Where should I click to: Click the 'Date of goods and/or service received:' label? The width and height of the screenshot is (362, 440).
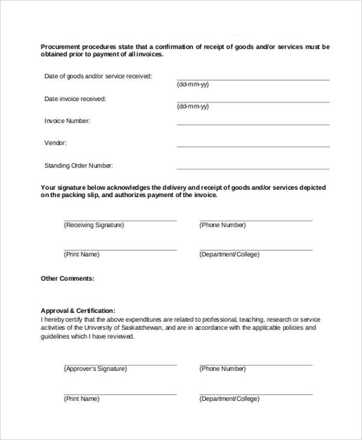pyautogui.click(x=98, y=77)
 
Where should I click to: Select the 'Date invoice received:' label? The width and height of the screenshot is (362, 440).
pyautogui.click(x=75, y=99)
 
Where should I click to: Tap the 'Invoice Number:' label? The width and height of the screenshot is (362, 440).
pyautogui.click(x=67, y=121)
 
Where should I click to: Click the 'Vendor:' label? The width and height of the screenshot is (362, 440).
pyautogui.click(x=56, y=143)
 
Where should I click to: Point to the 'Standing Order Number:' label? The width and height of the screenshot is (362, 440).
pyautogui.click(x=78, y=166)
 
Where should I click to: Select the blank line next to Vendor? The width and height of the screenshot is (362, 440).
pyautogui.click(x=253, y=146)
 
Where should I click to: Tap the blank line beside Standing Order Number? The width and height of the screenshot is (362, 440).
pyautogui.click(x=253, y=168)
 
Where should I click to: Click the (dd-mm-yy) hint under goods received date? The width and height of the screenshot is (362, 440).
pyautogui.click(x=192, y=84)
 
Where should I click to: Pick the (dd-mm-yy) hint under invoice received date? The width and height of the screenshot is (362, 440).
pyautogui.click(x=192, y=107)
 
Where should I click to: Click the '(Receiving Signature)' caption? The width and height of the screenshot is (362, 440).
pyautogui.click(x=94, y=225)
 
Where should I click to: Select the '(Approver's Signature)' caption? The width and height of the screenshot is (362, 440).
pyautogui.click(x=95, y=369)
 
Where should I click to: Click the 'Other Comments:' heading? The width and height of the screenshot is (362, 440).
pyautogui.click(x=67, y=278)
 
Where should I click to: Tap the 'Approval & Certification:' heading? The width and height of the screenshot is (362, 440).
pyautogui.click(x=78, y=310)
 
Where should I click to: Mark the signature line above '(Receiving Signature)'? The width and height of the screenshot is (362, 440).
pyautogui.click(x=120, y=221)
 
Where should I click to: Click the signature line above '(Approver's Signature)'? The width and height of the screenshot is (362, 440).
pyautogui.click(x=120, y=365)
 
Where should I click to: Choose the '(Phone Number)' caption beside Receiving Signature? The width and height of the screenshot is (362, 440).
pyautogui.click(x=223, y=225)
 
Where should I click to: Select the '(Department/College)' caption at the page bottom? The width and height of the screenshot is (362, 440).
pyautogui.click(x=229, y=399)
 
